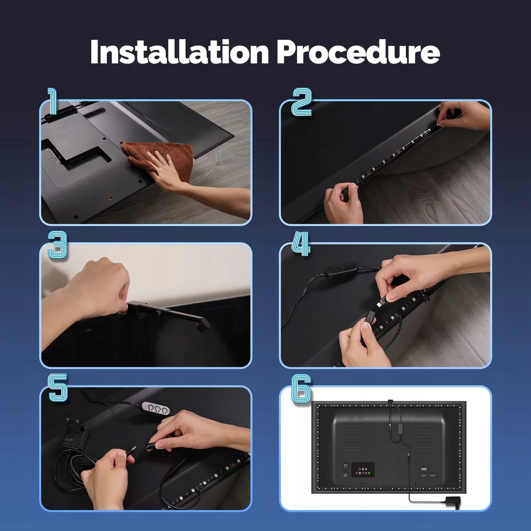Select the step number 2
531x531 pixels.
pyautogui.click(x=301, y=102)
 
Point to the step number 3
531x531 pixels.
pyautogui.click(x=57, y=245)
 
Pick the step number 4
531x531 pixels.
pyautogui.click(x=301, y=244)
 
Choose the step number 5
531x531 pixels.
pyautogui.click(x=58, y=388)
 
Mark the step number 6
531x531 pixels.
pyautogui.click(x=301, y=389)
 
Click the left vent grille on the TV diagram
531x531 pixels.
pyautogui.click(x=352, y=439)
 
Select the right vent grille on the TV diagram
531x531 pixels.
pyautogui.click(x=424, y=439)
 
